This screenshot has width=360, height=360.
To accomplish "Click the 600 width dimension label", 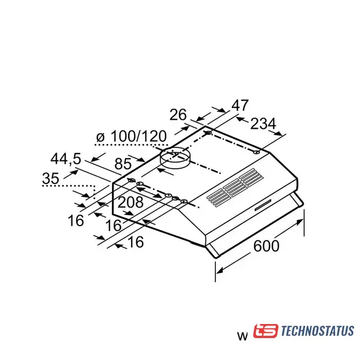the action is click(x=266, y=246).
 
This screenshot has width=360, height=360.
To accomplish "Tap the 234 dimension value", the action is click(x=263, y=124).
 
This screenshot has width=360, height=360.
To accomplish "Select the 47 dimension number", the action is click(x=240, y=105).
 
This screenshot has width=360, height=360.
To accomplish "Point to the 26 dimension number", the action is click(x=178, y=115).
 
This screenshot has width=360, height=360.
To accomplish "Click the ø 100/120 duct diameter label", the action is click(x=131, y=136).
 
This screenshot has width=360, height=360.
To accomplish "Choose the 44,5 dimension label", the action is click(x=66, y=159).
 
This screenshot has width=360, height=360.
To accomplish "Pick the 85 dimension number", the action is click(x=123, y=164).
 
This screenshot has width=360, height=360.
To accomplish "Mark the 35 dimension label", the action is click(x=51, y=178).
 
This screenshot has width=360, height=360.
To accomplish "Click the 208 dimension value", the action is click(x=130, y=202).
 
